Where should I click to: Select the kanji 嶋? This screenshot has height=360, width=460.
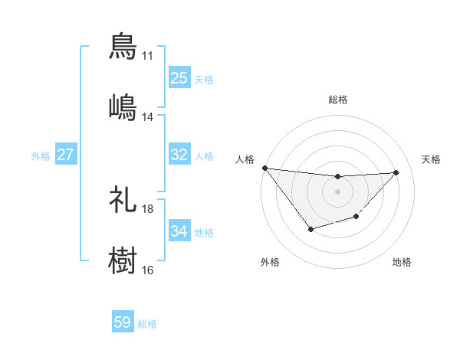tap(123, 106)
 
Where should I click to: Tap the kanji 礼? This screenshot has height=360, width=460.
tap(123, 199)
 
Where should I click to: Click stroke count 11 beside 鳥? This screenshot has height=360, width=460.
tap(147, 56)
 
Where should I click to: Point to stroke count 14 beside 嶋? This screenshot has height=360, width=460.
tap(147, 117)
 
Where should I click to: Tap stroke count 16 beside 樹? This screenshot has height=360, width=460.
tap(147, 270)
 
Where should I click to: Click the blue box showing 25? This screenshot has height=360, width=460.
tap(179, 78)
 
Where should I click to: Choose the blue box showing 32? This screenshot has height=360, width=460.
tap(179, 155)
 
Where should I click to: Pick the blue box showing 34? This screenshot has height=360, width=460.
tap(179, 231)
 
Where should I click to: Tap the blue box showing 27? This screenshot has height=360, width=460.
tap(65, 155)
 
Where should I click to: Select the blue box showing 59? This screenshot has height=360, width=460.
tap(123, 322)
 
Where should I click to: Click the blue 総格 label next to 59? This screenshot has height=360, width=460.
tap(147, 324)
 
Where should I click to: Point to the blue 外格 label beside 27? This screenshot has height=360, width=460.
tap(41, 156)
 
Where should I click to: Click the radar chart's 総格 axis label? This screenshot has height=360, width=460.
tap(337, 100)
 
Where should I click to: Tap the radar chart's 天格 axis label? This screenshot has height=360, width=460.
tap(431, 159)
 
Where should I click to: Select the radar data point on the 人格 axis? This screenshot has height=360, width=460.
tap(264, 168)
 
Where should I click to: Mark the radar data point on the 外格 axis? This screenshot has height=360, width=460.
tap(310, 229)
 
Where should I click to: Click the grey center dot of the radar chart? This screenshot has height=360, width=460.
tap(337, 191)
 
